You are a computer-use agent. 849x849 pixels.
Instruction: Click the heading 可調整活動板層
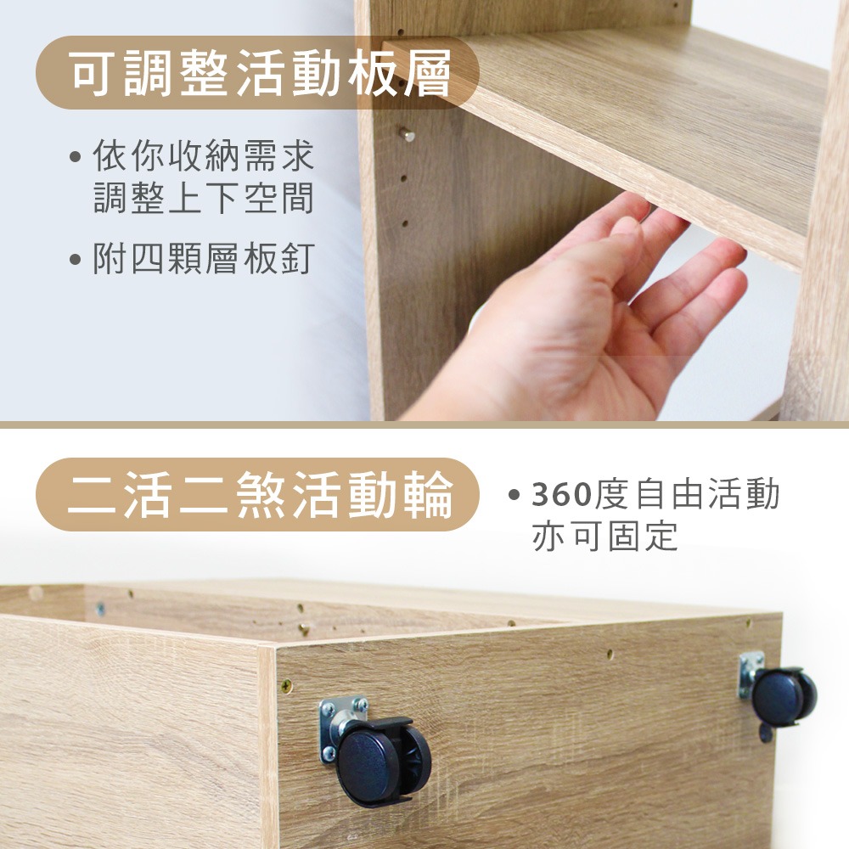259,73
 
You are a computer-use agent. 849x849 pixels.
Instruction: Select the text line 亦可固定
605,536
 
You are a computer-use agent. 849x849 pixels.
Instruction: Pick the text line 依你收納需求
204,156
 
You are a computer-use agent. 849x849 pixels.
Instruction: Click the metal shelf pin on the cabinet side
408,134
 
